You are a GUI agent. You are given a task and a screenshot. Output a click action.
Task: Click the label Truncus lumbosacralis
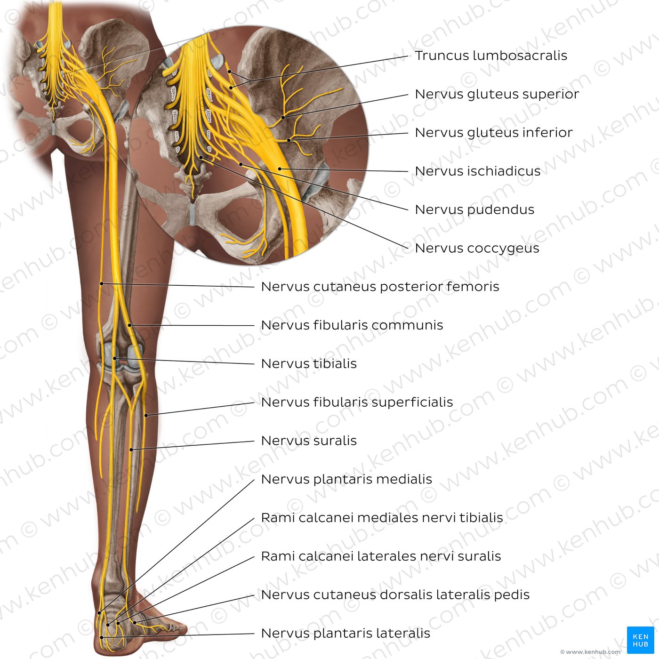[491, 56]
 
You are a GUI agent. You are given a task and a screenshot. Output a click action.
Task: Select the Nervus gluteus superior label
[497, 95]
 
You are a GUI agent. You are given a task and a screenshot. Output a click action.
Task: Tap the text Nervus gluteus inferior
[493, 133]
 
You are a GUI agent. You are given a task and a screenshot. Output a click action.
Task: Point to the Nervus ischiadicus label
[477, 171]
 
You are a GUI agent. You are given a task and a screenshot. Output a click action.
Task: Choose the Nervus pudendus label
[474, 209]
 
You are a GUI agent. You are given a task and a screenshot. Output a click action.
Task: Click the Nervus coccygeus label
[477, 249]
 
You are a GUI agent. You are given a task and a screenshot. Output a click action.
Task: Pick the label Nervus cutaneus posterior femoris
[380, 287]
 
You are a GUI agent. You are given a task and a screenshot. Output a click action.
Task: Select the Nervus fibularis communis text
[352, 325]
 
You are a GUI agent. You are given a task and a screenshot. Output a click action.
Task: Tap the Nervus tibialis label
[309, 363]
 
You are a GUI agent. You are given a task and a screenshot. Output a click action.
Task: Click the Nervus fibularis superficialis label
[357, 402]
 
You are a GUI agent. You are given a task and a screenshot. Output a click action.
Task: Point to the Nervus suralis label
[309, 441]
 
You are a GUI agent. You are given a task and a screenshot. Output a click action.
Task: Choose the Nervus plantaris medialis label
[346, 480]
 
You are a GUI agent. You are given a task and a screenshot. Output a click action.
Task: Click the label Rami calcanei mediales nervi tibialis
[382, 518]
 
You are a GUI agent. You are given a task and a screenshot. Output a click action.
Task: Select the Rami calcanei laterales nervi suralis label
[381, 556]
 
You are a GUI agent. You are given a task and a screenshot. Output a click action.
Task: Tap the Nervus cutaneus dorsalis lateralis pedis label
[395, 595]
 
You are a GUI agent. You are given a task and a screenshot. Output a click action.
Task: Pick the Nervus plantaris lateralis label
[346, 634]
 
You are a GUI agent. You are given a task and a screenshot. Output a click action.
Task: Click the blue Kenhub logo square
[640, 640]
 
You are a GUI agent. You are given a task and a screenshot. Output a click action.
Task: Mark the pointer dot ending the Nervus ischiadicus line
[280, 169]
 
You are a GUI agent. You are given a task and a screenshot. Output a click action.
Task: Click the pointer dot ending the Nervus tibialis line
[115, 358]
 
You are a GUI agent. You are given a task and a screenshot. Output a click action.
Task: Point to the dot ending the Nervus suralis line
[131, 450]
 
